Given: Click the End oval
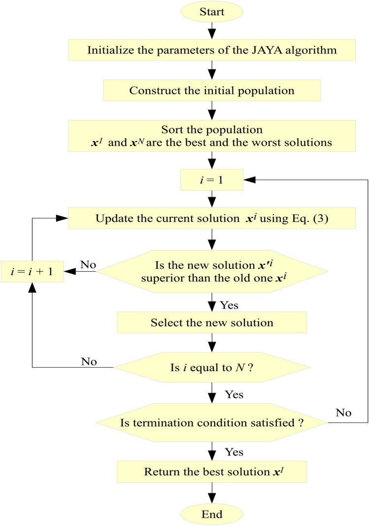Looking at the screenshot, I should pyautogui.click(x=212, y=515).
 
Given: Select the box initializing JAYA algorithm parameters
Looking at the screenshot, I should pyautogui.click(x=212, y=50).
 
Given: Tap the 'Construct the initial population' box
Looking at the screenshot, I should pyautogui.click(x=212, y=91).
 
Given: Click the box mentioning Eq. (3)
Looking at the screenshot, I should pyautogui.click(x=212, y=218).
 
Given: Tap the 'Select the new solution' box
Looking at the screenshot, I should pyautogui.click(x=212, y=323).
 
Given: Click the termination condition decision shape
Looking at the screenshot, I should pyautogui.click(x=212, y=422).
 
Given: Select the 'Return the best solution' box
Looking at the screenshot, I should pyautogui.click(x=212, y=470).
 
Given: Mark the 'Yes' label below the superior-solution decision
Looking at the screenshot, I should pyautogui.click(x=229, y=305).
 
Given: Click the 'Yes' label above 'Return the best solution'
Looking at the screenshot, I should pyautogui.click(x=234, y=452).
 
